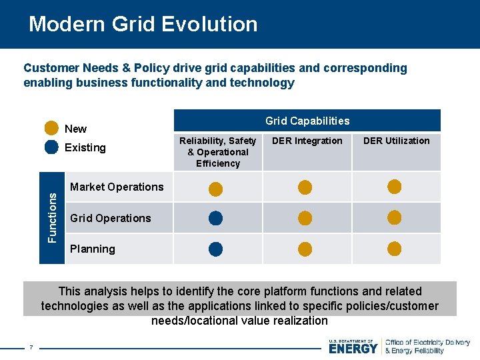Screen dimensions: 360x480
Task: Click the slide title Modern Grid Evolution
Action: (143, 24)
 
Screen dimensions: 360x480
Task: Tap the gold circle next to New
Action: (51, 128)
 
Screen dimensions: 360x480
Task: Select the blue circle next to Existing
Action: (51, 147)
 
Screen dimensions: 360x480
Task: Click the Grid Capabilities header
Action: (307, 121)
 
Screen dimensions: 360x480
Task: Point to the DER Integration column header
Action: (307, 141)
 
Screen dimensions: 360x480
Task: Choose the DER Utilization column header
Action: (396, 141)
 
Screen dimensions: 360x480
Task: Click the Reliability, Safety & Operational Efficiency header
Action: (217, 152)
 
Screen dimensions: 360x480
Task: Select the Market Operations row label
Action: (117, 187)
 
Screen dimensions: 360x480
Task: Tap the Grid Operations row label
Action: (110, 218)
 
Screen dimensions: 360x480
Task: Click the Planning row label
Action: (93, 249)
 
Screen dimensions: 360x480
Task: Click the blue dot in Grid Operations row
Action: (215, 217)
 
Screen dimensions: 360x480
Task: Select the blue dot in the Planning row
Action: (215, 249)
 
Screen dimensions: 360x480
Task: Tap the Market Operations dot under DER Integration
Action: (305, 187)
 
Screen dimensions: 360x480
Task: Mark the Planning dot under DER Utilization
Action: (395, 249)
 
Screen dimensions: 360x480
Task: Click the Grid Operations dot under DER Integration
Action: (305, 217)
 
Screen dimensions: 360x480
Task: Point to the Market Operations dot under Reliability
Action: (215, 189)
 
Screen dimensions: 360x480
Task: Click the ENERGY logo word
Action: (353, 347)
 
